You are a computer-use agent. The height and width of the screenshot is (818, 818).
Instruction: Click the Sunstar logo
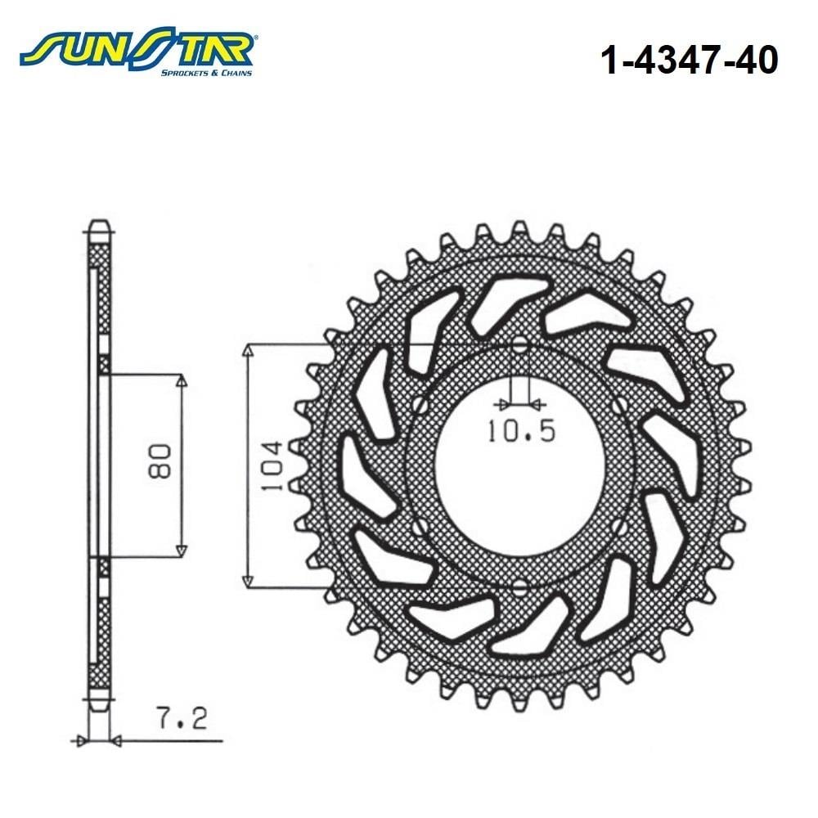tap(137, 51)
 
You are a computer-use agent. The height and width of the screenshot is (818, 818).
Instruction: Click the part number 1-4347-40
tap(689, 60)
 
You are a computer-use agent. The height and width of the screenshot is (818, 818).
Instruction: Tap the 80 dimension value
tap(160, 461)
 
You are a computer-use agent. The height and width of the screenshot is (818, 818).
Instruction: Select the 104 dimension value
tap(272, 466)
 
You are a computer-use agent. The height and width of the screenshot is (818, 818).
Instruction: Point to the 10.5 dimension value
tap(521, 431)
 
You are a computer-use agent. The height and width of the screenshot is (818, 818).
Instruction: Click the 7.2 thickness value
tap(182, 718)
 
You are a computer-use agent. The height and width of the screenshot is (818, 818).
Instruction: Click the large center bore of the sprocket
tap(519, 466)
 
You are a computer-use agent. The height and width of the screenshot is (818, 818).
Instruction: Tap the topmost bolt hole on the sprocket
tap(519, 345)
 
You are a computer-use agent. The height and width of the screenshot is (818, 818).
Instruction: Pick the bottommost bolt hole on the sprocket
tap(519, 588)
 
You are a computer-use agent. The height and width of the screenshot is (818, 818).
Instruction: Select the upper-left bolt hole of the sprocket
tap(420, 405)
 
